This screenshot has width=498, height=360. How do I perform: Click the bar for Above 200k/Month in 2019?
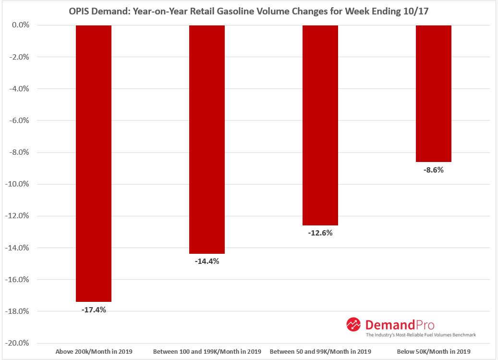[x=94, y=163]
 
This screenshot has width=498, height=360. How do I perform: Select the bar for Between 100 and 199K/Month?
[x=207, y=139]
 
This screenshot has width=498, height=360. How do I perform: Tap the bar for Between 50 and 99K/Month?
[x=320, y=125]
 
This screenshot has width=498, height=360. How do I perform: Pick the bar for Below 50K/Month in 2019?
[x=433, y=93]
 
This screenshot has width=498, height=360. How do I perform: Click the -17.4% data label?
[x=94, y=310]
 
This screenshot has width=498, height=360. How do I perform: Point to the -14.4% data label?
[x=207, y=261]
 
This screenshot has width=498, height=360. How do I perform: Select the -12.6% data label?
[x=320, y=233]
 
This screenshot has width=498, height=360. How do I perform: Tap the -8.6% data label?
[x=433, y=170]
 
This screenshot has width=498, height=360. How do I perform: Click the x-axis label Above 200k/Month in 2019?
[x=94, y=352]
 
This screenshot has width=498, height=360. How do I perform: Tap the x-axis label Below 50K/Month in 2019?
[x=433, y=352]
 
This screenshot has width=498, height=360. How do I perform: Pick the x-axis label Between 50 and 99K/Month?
[x=320, y=352]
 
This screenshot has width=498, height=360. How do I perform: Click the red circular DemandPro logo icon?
[x=353, y=324]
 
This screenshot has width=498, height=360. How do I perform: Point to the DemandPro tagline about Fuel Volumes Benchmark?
[x=421, y=335]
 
